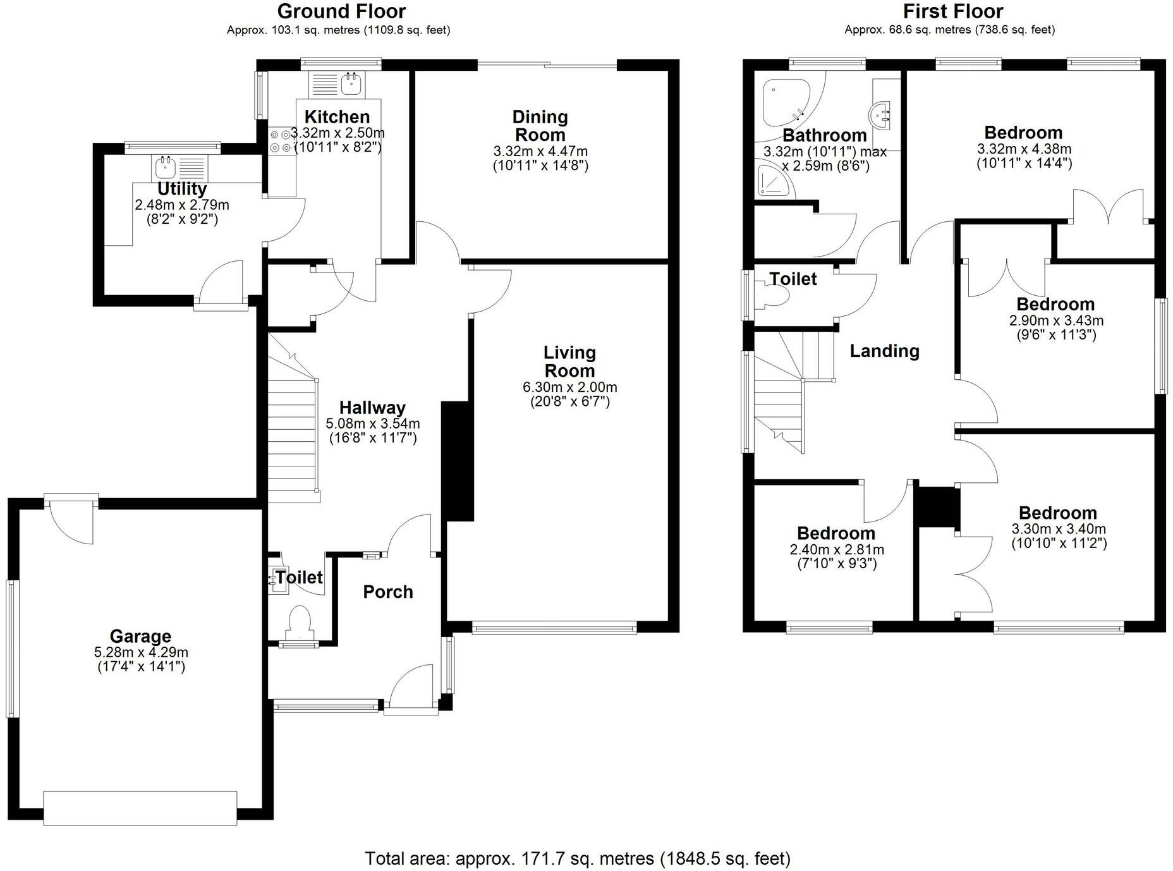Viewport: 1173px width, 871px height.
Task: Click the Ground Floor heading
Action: click(x=341, y=11)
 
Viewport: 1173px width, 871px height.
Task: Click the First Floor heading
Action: click(x=952, y=11)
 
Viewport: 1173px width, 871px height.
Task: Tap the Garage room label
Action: click(x=140, y=636)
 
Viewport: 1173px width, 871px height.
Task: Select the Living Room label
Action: click(x=569, y=362)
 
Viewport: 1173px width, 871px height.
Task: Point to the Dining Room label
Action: click(x=540, y=126)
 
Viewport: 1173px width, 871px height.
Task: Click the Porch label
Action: click(x=388, y=592)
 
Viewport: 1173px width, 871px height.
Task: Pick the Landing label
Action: click(x=884, y=351)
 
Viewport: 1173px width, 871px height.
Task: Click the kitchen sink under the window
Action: click(x=350, y=83)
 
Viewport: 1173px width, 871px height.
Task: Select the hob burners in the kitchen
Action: click(x=281, y=141)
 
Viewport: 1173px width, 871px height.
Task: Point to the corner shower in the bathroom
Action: click(x=772, y=181)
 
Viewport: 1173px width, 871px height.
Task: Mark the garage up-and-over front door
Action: click(x=140, y=808)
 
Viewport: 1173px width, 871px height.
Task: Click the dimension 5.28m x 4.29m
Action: click(x=141, y=652)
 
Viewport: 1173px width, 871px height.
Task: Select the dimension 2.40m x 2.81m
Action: click(x=837, y=549)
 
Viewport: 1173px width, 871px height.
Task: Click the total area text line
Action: click(x=577, y=858)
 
